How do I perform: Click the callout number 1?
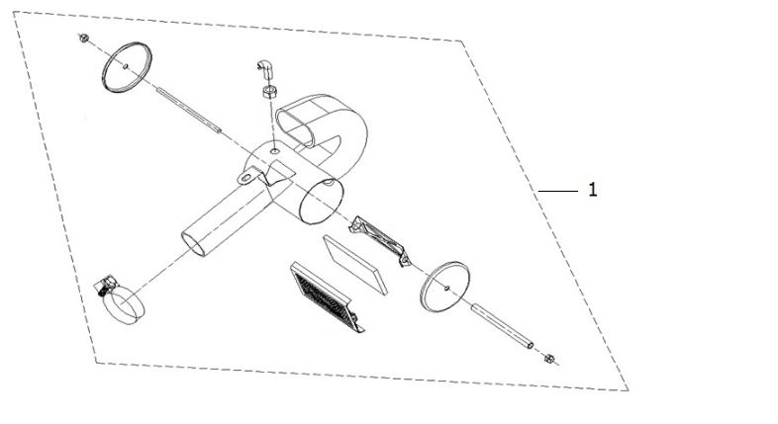point(593,190)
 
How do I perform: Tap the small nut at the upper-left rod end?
point(84,38)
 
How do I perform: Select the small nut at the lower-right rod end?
point(548,359)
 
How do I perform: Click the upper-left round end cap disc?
point(127,67)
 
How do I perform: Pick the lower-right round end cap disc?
point(444,287)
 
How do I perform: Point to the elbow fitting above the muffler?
point(265,69)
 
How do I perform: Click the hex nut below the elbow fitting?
point(269,92)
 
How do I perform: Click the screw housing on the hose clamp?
point(104,286)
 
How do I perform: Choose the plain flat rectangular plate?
point(354,265)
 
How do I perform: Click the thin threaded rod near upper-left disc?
point(188,110)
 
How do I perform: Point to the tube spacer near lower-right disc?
point(502,326)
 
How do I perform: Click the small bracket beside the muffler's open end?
point(379,241)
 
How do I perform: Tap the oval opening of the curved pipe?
point(295,128)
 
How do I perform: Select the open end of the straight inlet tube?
point(193,243)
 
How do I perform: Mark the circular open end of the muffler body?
point(322,202)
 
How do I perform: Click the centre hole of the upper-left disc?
point(126,66)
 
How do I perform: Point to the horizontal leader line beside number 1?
point(558,191)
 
